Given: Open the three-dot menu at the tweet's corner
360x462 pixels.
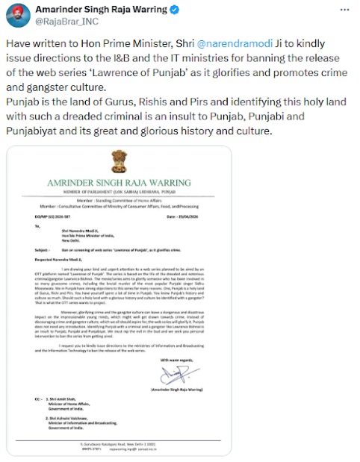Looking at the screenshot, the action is [x=344, y=10].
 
